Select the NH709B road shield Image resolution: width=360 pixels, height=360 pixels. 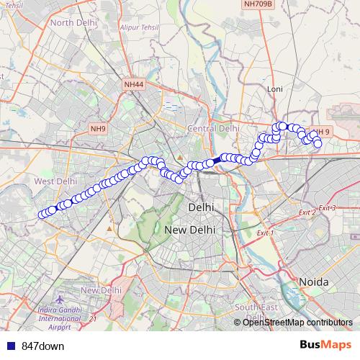point(258,4)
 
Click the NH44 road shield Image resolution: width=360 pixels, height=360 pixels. point(134,84)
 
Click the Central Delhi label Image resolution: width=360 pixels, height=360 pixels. point(213,128)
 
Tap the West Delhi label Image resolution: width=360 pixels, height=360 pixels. point(55,181)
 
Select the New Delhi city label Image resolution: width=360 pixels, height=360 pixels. point(191,230)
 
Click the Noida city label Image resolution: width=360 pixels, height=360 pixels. point(314,281)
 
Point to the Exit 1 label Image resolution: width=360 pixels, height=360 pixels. point(266,233)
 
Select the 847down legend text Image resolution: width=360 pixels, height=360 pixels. point(43,346)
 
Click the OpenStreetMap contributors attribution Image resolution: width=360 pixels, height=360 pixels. point(297,323)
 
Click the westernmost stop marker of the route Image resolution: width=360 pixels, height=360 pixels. point(43,212)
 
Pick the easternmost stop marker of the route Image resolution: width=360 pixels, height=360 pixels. point(318,143)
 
